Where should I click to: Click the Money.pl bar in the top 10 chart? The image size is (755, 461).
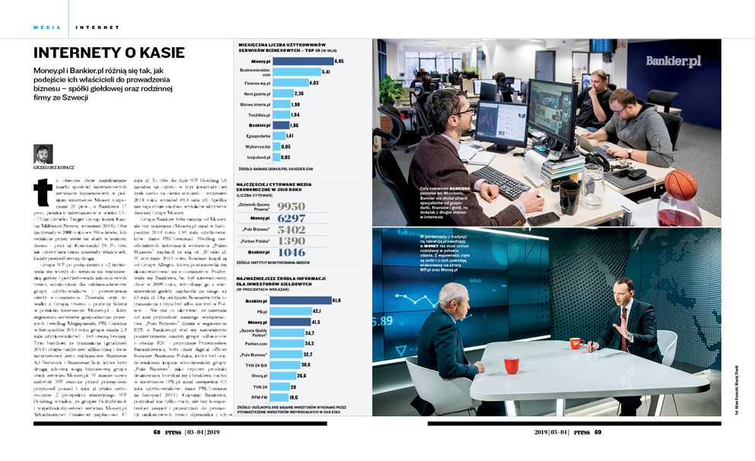303,60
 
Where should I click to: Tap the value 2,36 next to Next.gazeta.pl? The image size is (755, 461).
298,94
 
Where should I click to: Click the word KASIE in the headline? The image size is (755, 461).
158,52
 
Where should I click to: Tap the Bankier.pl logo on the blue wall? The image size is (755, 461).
673,61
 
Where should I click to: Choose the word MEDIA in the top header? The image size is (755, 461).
46,27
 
